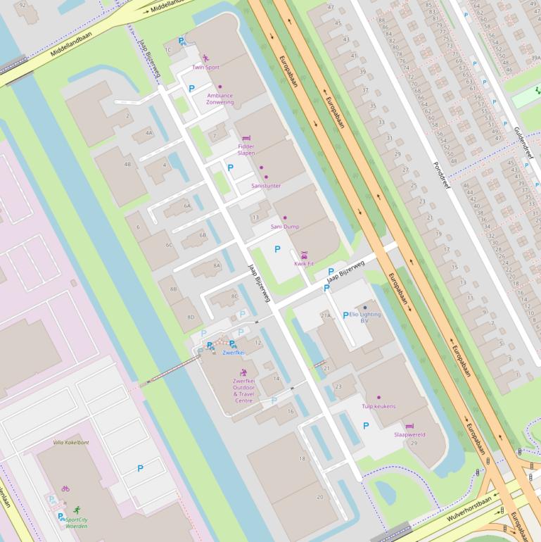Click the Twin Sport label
click(205, 68)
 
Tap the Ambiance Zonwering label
click(220, 99)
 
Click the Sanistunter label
click(265, 186)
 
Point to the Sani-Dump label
click(285, 227)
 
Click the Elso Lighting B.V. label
click(365, 317)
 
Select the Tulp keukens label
click(378, 406)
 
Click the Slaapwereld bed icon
click(410, 426)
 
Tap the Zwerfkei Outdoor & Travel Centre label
click(243, 391)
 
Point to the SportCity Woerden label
click(77, 522)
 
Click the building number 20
click(320, 497)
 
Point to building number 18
click(303, 458)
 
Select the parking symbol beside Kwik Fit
click(277, 249)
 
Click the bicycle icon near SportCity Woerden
click(65, 489)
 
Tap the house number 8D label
click(191, 317)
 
